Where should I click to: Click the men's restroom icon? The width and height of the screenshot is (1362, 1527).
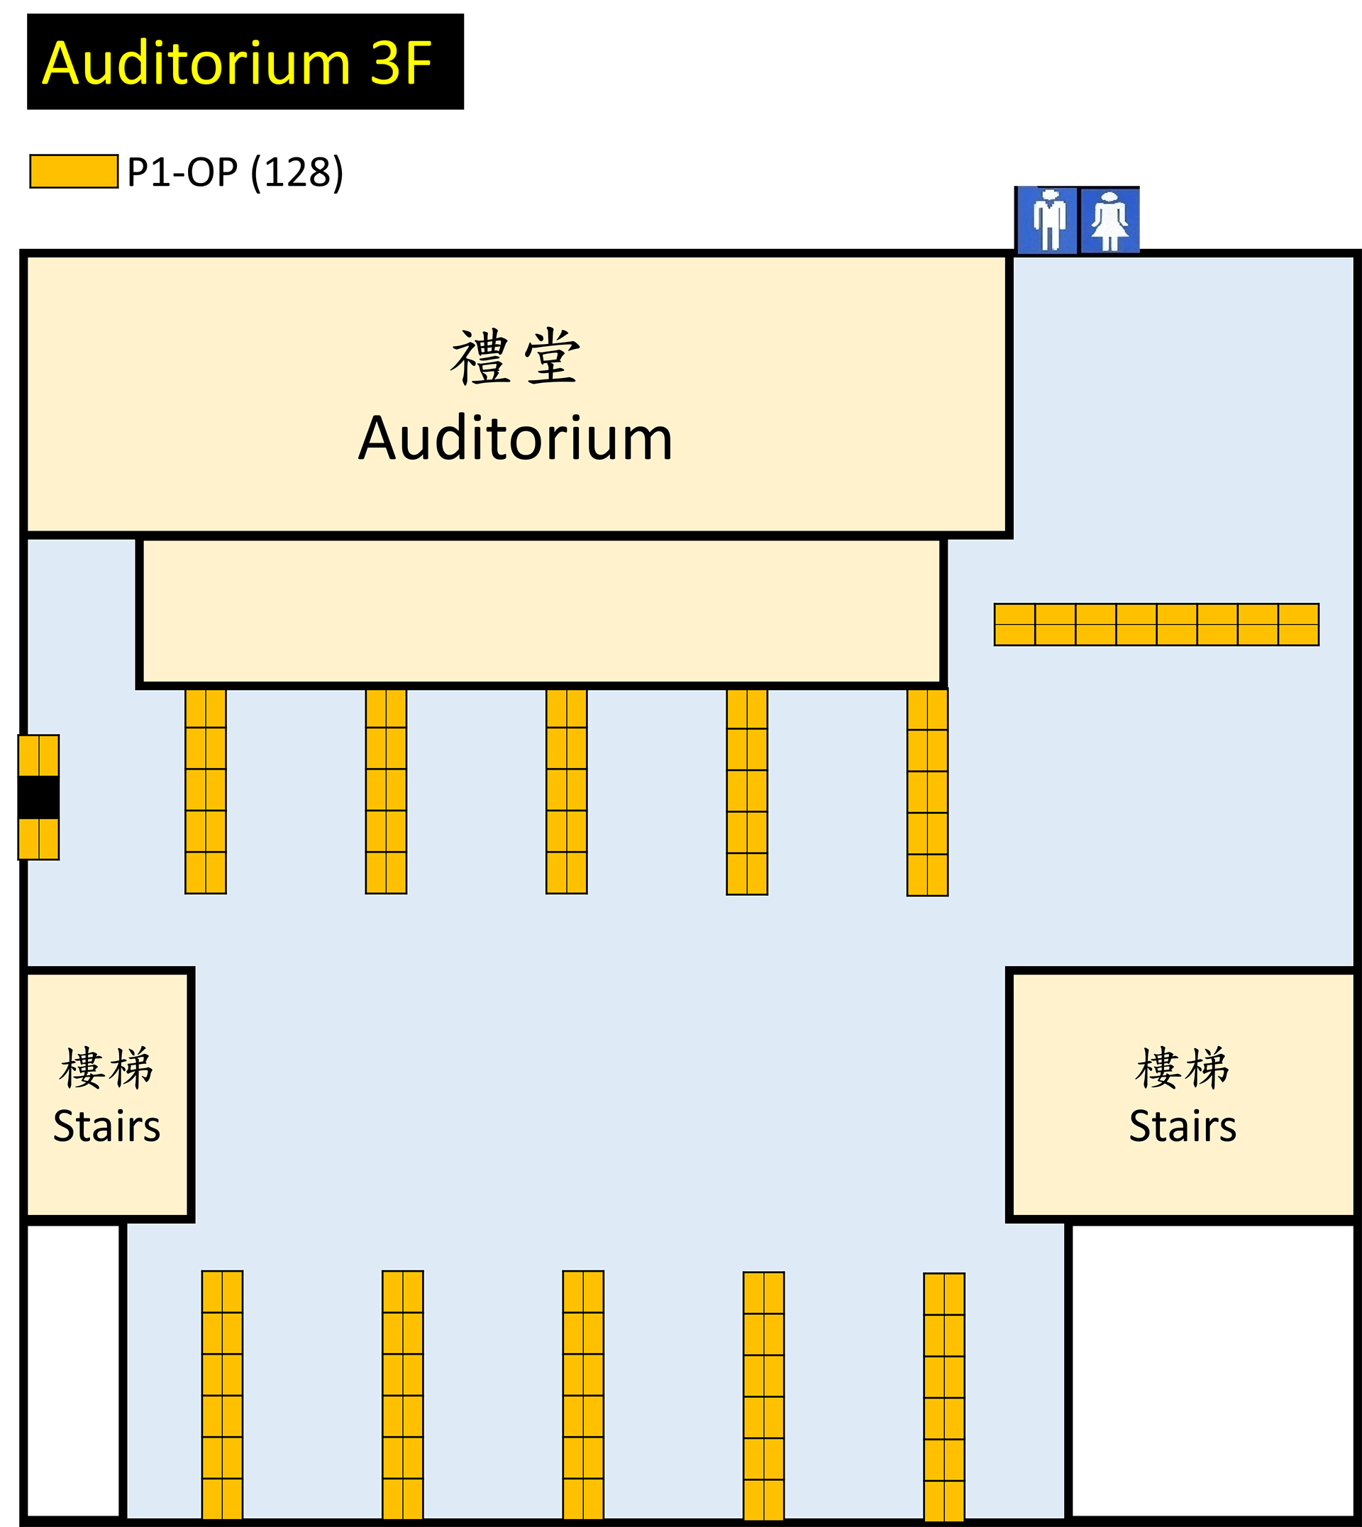pos(1047,220)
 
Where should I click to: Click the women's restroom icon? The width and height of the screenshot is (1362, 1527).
pos(1109,220)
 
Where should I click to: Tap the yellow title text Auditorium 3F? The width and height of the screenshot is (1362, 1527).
pos(236,63)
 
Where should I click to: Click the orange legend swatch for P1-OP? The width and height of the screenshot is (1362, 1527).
pos(74,172)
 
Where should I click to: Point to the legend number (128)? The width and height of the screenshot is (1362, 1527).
pos(297,173)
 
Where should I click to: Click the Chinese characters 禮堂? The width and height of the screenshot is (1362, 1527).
pos(516,357)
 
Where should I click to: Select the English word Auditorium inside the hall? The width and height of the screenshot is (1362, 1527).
pos(516,438)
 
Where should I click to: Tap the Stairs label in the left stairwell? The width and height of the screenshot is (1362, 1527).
pos(107,1127)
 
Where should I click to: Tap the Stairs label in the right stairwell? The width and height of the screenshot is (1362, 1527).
pos(1183,1127)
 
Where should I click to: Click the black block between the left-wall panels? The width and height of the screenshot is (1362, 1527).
pos(39,797)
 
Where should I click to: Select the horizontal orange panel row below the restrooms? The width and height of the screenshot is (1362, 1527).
pos(1156,624)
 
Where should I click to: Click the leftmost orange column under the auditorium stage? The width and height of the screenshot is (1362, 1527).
pos(206,792)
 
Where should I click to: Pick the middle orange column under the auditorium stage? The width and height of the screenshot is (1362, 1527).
pos(567,792)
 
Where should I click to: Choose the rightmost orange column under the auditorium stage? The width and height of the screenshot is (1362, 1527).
pos(927,792)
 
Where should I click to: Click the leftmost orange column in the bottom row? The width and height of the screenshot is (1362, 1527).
pos(222,1395)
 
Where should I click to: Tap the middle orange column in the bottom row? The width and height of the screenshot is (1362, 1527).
pos(583,1395)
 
